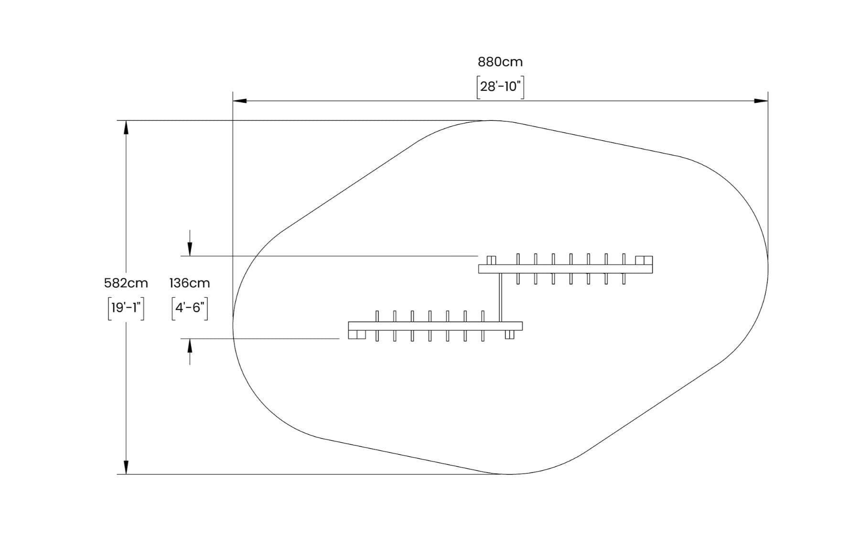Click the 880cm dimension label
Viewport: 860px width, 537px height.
click(x=500, y=62)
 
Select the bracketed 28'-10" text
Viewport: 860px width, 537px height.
click(x=500, y=87)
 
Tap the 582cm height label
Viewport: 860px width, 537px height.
click(x=126, y=283)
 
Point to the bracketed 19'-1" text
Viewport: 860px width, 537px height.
click(x=126, y=308)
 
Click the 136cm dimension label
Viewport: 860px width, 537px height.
click(x=190, y=283)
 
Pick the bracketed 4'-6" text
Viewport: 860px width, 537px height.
click(x=190, y=308)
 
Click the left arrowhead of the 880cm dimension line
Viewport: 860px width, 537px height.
click(x=240, y=101)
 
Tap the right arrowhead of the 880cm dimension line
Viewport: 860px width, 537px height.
click(x=761, y=101)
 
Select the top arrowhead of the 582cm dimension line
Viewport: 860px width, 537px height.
click(x=126, y=128)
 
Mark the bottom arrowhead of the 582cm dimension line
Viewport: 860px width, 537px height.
click(x=126, y=467)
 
